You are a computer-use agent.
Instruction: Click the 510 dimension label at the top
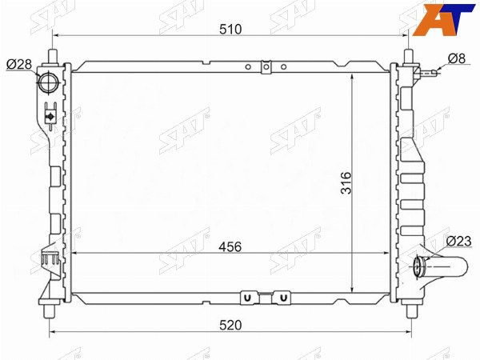click(x=230, y=29)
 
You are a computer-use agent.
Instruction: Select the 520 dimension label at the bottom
click(x=230, y=325)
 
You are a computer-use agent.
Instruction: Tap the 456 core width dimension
click(x=230, y=246)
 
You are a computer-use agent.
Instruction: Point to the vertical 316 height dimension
click(x=346, y=182)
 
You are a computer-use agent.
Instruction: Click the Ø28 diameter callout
click(x=19, y=64)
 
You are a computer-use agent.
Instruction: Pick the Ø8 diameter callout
click(x=457, y=58)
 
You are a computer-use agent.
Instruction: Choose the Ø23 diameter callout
click(x=458, y=242)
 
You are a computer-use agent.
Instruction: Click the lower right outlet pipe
click(x=441, y=267)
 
